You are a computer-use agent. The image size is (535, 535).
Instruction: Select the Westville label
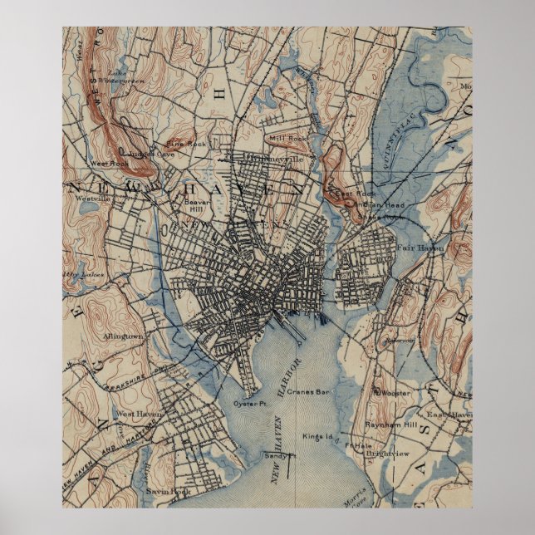coord(92,199)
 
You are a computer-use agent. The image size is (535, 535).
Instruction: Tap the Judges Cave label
coord(151,154)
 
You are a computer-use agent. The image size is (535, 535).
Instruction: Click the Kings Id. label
coord(317,436)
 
